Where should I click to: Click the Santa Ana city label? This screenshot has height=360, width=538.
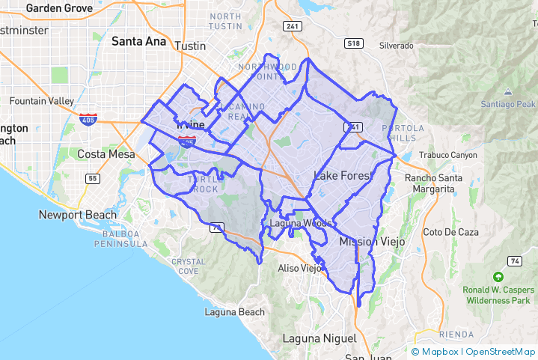click(138, 42)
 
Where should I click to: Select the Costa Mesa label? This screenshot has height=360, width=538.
click(106, 154)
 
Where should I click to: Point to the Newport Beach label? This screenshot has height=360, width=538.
click(78, 215)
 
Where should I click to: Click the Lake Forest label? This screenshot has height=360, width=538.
click(343, 176)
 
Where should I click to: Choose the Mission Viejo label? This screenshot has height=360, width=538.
click(372, 242)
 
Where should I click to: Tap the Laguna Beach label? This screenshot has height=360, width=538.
click(236, 312)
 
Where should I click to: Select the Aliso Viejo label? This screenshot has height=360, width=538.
click(299, 268)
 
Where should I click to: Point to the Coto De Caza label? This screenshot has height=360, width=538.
click(450, 232)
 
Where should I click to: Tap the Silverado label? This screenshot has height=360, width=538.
click(396, 46)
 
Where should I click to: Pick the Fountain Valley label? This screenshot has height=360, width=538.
click(38, 101)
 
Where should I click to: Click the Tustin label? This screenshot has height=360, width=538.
click(189, 46)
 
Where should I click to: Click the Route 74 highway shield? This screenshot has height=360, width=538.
click(514, 260)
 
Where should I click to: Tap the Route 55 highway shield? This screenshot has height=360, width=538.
click(93, 178)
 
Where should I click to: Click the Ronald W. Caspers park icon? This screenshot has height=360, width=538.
click(498, 277)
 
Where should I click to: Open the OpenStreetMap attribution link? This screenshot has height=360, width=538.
click(501, 351)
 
